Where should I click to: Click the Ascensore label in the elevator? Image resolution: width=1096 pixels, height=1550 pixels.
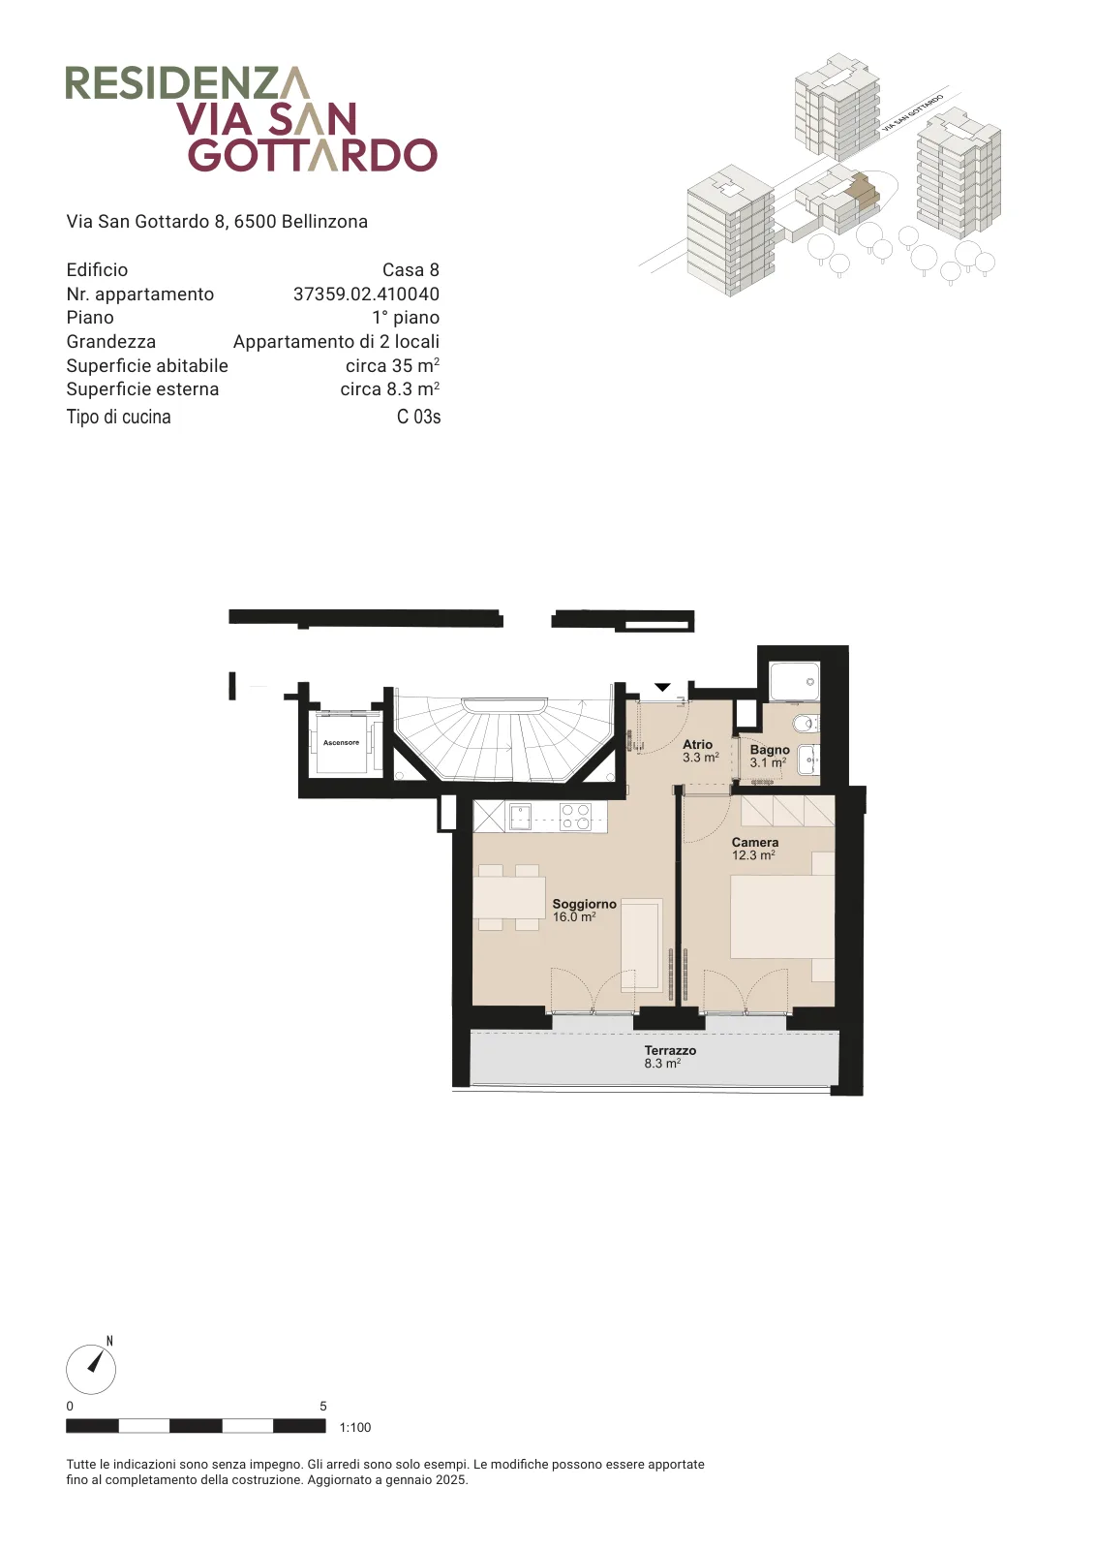pyautogui.click(x=341, y=742)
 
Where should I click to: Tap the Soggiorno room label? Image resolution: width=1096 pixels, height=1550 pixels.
pyautogui.click(x=584, y=904)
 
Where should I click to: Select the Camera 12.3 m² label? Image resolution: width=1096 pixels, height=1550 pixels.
pyautogui.click(x=755, y=849)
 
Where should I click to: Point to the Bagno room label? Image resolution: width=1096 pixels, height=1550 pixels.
pyautogui.click(x=770, y=750)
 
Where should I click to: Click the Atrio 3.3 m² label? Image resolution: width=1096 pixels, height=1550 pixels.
pyautogui.click(x=700, y=751)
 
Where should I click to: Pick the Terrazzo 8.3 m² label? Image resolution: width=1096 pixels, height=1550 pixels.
pyautogui.click(x=669, y=1057)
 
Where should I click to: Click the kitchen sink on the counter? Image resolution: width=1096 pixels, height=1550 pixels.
pyautogui.click(x=520, y=817)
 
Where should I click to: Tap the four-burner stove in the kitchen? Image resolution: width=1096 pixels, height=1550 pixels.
pyautogui.click(x=575, y=816)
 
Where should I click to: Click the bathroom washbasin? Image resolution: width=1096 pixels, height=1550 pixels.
pyautogui.click(x=808, y=761)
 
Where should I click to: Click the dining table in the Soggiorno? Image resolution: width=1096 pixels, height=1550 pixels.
pyautogui.click(x=509, y=897)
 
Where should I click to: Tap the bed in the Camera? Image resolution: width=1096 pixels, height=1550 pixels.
pyautogui.click(x=782, y=916)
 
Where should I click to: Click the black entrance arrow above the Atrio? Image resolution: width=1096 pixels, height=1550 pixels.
pyautogui.click(x=662, y=687)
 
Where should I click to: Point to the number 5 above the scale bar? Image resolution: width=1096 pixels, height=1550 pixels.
pyautogui.click(x=323, y=1406)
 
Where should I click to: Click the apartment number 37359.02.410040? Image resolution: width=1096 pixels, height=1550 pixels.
pyautogui.click(x=367, y=294)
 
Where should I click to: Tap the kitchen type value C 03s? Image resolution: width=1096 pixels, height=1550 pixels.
pyautogui.click(x=418, y=417)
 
